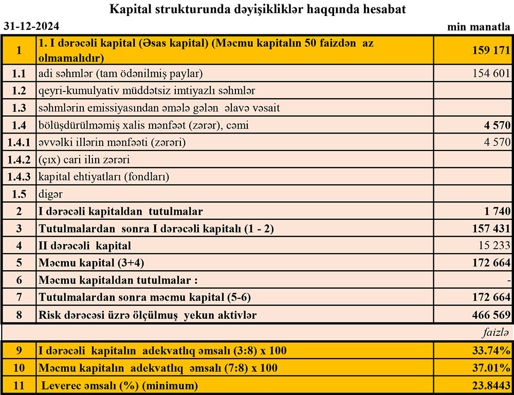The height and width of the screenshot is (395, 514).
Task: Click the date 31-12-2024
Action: (x=31, y=26)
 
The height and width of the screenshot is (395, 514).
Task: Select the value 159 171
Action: (x=491, y=50)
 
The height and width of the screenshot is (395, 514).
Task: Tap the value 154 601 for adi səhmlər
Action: (x=491, y=73)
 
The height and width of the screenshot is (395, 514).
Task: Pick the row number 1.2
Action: (x=19, y=91)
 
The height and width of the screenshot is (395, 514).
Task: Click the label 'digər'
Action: (x=50, y=195)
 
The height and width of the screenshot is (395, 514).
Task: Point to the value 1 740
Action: (x=497, y=211)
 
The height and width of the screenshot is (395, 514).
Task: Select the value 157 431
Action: (x=491, y=229)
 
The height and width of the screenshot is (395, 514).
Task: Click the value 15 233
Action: (x=493, y=246)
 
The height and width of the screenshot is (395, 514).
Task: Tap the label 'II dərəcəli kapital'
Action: (x=85, y=246)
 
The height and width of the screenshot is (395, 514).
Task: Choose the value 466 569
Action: (x=491, y=315)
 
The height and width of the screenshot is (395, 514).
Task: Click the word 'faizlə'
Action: (x=495, y=332)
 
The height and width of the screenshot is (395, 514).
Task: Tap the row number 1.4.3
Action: (x=19, y=177)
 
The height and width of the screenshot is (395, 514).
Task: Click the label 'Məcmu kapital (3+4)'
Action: (x=91, y=263)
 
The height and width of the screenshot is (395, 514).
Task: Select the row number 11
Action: (x=19, y=385)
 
